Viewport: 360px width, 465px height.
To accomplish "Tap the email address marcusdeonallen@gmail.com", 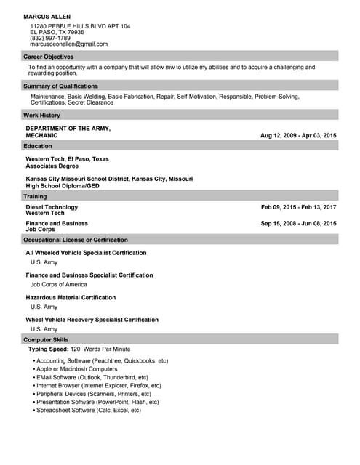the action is [68, 44].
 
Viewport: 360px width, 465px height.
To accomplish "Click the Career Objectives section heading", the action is [48, 57].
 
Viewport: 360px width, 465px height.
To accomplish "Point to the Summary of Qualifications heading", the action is [60, 86].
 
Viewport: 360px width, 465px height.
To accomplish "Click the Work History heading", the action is [41, 116].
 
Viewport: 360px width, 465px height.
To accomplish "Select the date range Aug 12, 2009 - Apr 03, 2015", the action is [298, 136].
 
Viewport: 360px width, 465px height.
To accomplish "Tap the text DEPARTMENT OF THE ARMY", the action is [68, 129].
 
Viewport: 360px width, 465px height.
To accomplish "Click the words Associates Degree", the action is [52, 166].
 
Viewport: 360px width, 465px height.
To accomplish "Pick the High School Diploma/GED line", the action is [62, 186].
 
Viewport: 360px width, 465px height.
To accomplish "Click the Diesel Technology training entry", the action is [52, 207].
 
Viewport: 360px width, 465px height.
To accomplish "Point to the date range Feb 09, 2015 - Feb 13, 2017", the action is [298, 207].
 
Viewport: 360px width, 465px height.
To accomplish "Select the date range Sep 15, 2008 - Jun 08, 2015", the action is [298, 224].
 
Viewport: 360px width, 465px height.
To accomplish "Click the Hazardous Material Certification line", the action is [71, 298].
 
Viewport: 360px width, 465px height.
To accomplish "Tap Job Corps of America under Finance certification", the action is [59, 285].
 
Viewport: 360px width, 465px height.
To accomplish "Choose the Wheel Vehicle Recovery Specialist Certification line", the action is [92, 320].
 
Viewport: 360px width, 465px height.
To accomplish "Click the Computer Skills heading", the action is [46, 340].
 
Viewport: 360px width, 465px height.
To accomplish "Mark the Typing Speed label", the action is [48, 349].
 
